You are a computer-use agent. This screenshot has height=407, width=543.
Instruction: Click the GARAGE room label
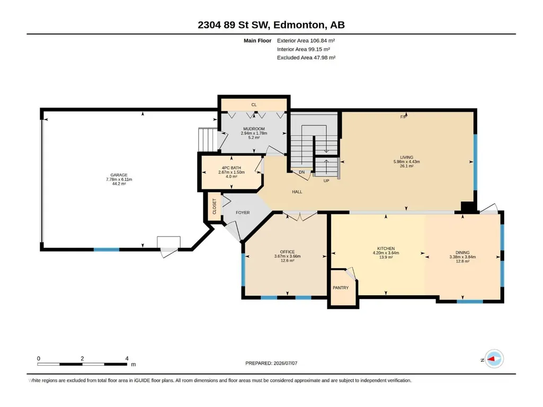(119, 175)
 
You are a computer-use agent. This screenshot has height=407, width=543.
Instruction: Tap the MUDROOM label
(254, 129)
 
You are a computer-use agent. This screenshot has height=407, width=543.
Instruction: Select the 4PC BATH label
(232, 168)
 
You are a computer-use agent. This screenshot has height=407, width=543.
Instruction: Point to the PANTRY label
(341, 287)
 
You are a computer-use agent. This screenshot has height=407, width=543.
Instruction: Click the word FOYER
(243, 213)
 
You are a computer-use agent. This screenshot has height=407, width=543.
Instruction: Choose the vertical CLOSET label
(215, 206)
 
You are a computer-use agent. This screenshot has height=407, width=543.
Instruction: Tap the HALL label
(297, 192)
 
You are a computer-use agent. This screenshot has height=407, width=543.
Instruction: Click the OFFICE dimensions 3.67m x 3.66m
(288, 257)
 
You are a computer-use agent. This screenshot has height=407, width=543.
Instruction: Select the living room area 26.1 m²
(406, 166)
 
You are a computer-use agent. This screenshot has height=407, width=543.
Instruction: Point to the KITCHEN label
(386, 249)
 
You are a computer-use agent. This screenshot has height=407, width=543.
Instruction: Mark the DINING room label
(462, 252)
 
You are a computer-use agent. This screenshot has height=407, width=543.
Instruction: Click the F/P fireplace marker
(404, 117)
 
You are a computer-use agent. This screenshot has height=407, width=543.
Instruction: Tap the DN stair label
(301, 172)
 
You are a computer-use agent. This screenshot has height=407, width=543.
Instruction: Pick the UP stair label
(326, 180)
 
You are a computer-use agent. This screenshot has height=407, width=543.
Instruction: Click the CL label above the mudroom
(254, 104)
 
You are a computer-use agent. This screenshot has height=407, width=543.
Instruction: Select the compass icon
(494, 359)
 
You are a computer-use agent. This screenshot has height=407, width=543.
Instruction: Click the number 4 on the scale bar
(127, 358)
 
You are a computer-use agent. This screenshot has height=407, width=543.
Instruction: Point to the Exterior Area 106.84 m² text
(306, 41)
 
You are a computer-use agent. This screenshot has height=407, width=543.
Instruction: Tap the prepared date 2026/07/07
(286, 363)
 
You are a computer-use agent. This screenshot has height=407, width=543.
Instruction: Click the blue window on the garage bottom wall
(106, 249)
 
